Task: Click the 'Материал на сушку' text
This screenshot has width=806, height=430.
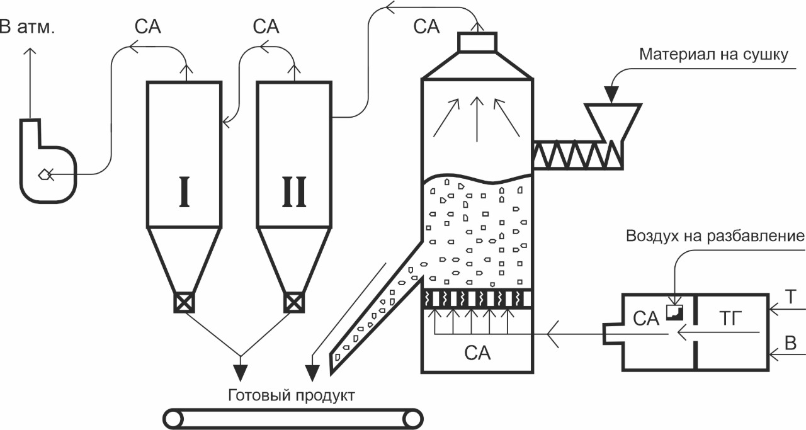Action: point(713,55)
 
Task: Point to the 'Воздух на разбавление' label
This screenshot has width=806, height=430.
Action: point(715,237)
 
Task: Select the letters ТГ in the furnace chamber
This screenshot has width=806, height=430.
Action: point(730,319)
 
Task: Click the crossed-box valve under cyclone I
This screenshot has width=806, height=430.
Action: point(183,303)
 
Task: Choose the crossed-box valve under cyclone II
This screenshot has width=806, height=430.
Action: point(294,303)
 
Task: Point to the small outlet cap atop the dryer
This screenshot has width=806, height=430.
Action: point(477,42)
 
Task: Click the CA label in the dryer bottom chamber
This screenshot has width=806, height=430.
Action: point(477,353)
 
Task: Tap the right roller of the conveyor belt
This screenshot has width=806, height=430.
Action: point(412,418)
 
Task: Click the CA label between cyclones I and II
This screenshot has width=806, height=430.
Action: point(266,27)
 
